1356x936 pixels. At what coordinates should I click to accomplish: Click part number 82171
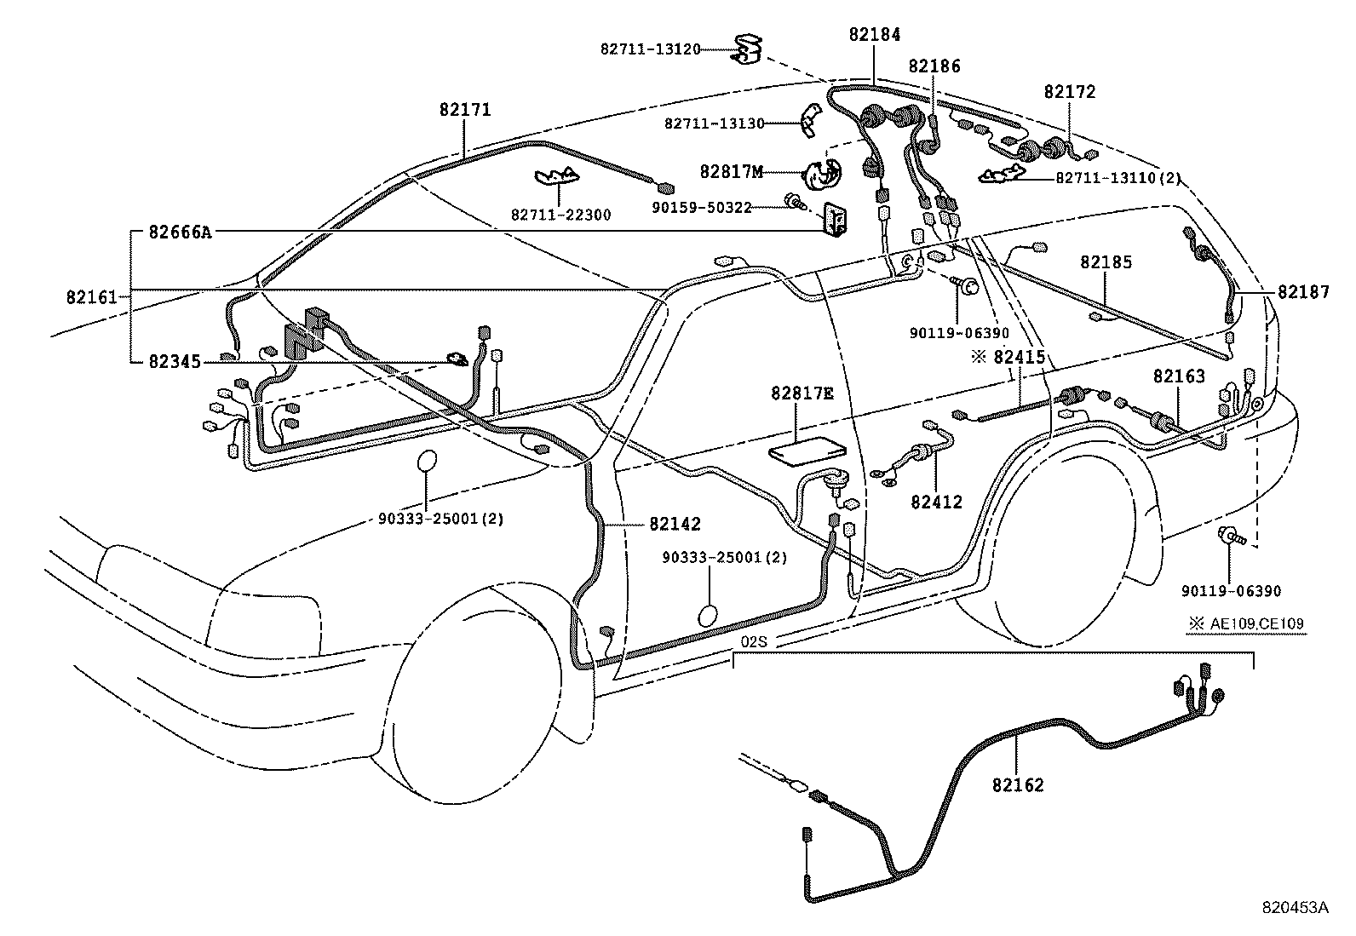(x=465, y=110)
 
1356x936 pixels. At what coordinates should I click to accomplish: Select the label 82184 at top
(x=874, y=35)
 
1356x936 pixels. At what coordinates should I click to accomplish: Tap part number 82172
(x=1070, y=92)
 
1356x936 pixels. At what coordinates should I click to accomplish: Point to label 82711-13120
(x=650, y=50)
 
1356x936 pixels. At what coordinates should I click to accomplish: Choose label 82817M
(x=731, y=171)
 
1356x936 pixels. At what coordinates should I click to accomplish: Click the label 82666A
(x=179, y=232)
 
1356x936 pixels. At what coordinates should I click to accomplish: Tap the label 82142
(x=675, y=524)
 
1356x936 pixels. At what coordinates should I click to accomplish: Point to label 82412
(x=936, y=502)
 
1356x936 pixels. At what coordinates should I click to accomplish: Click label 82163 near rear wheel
(x=1179, y=376)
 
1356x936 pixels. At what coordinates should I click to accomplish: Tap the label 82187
(x=1303, y=292)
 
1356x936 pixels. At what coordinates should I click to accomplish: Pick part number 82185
(x=1106, y=262)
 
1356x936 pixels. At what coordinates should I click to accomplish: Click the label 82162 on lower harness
(x=1017, y=784)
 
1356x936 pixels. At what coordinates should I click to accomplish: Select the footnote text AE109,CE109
(x=1255, y=623)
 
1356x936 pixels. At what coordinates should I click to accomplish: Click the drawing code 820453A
(x=1295, y=908)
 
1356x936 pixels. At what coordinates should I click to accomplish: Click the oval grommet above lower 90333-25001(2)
(x=710, y=616)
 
